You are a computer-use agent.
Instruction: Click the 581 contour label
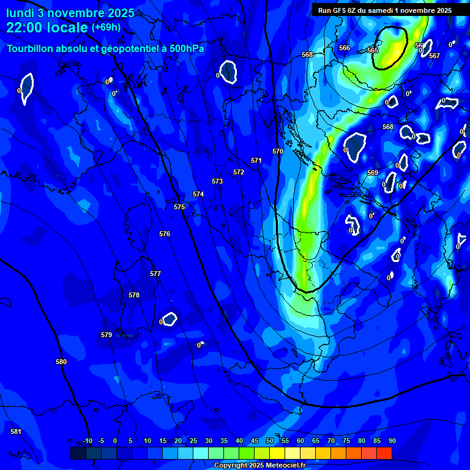pyautogui.click(x=16, y=431)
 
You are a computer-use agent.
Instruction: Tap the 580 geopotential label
pyautogui.click(x=61, y=362)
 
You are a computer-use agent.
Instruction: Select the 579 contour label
pyautogui.click(x=106, y=335)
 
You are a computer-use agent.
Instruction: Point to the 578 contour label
pyautogui.click(x=134, y=295)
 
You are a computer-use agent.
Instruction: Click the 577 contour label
pyautogui.click(x=155, y=274)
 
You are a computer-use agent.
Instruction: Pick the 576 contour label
pyautogui.click(x=165, y=234)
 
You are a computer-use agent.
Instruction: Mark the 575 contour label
pyautogui.click(x=179, y=207)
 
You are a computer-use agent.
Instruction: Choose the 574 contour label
pyautogui.click(x=198, y=194)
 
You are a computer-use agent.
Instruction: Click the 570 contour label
pyautogui.click(x=278, y=151)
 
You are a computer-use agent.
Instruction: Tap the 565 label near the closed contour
pyautogui.click(x=373, y=50)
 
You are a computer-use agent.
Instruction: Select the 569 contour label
pyautogui.click(x=373, y=173)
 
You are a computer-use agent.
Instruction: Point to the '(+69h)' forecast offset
pyautogui.click(x=106, y=28)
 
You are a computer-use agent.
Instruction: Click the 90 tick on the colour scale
pyautogui.click(x=392, y=441)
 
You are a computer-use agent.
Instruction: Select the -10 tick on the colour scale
pyautogui.click(x=88, y=441)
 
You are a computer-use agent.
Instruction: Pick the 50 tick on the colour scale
pyautogui.click(x=270, y=441)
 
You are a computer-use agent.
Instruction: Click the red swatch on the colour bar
pyautogui.click(x=384, y=453)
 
